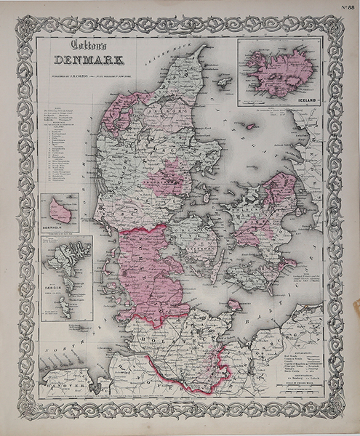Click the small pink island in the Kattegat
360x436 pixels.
click(251, 126)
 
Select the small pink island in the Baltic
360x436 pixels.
click(234, 304)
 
